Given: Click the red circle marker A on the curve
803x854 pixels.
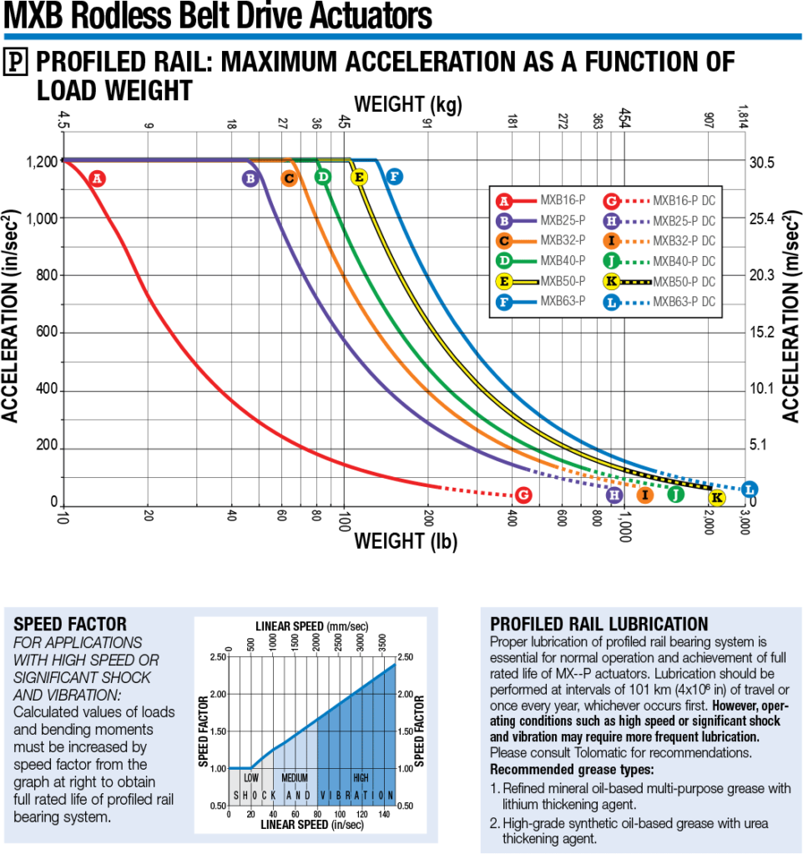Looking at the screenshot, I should (x=98, y=178).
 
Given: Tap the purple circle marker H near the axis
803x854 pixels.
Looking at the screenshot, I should (x=614, y=495).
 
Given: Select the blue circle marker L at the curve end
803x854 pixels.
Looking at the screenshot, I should (x=750, y=490).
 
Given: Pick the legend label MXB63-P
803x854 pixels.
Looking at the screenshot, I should (x=562, y=301).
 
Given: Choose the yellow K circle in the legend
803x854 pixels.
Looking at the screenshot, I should (x=613, y=281).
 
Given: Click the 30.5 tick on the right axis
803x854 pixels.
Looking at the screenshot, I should (x=764, y=163).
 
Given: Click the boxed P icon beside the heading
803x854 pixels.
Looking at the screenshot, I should (x=16, y=61).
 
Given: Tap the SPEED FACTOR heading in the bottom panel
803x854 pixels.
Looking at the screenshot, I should (x=71, y=624).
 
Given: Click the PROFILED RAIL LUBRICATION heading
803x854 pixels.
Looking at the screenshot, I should (x=599, y=624).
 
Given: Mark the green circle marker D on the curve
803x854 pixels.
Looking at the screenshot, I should (x=323, y=177).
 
